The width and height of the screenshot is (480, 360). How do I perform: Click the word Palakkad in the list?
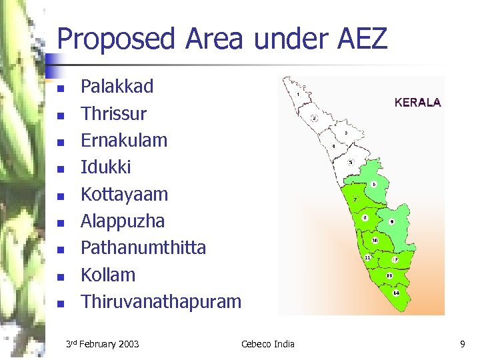coord(117,87)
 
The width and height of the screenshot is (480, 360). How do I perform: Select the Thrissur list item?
coord(113,113)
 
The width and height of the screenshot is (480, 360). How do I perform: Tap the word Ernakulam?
coord(123,141)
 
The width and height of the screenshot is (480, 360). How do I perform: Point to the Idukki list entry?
coord(105,167)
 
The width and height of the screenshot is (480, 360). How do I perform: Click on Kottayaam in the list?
coord(124,195)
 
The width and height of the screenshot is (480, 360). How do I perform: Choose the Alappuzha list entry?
coord(122,221)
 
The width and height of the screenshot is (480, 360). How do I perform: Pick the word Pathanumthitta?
coord(143,248)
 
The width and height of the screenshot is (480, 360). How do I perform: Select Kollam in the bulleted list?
coord(107,275)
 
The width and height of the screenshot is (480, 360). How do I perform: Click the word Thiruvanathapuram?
coord(161,301)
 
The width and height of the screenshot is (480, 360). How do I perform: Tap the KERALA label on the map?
coord(417,103)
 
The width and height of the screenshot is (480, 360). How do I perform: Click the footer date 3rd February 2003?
coord(103,344)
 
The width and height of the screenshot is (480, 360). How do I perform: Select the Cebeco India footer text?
coord(267,344)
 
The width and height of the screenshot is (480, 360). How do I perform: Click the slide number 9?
coord(462,344)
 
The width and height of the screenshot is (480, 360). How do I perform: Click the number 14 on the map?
coord(396,293)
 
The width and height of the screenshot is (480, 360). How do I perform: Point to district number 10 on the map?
coord(375,240)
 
